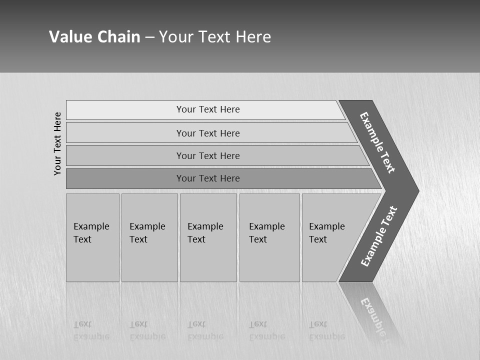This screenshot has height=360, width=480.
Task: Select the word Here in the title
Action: [253, 37]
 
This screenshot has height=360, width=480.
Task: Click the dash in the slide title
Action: [149, 37]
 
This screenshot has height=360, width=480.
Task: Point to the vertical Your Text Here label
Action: [57, 143]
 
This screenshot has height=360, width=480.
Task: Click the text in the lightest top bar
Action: [208, 109]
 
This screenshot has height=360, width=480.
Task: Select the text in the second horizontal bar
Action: [208, 133]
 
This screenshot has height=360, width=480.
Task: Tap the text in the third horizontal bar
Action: [208, 156]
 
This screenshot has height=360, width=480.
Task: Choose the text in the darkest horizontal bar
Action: [208, 178]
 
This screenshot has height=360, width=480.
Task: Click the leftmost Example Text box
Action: [91, 233]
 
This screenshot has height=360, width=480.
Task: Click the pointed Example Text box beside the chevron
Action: [327, 233]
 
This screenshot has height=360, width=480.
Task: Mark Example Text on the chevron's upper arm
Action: [377, 142]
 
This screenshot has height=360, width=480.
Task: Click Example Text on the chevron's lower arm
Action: [379, 236]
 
